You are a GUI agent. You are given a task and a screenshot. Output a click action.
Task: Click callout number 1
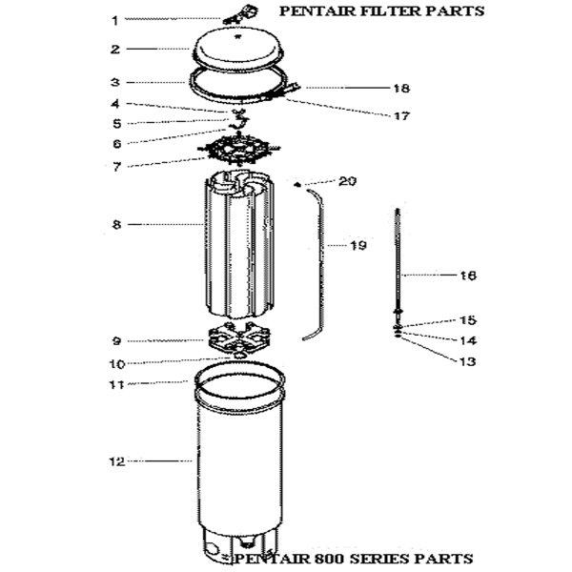click(115, 20)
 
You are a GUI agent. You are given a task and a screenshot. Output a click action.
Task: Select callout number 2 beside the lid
click(115, 50)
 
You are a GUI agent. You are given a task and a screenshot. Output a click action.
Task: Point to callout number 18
click(401, 89)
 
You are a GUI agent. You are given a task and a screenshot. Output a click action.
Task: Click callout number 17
click(401, 116)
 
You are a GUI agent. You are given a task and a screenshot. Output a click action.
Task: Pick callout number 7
click(116, 167)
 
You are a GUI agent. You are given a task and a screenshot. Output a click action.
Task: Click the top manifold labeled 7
click(238, 150)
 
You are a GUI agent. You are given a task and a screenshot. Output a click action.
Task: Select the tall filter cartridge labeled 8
click(239, 244)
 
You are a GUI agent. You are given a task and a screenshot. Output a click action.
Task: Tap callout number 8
click(116, 224)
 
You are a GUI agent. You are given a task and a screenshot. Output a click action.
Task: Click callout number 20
click(347, 181)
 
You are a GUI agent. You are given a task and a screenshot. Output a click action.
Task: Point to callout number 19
click(357, 245)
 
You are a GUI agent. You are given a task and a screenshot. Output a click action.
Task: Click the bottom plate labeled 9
click(239, 337)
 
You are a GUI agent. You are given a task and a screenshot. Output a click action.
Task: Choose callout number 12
click(117, 461)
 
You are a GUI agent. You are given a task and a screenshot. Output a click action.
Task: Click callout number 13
click(467, 361)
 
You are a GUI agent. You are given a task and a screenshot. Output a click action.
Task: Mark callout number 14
click(467, 340)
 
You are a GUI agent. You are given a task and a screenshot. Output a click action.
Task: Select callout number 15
click(468, 320)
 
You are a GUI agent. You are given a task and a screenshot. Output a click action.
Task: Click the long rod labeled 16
click(398, 261)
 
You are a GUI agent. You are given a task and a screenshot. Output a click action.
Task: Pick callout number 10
click(117, 364)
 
